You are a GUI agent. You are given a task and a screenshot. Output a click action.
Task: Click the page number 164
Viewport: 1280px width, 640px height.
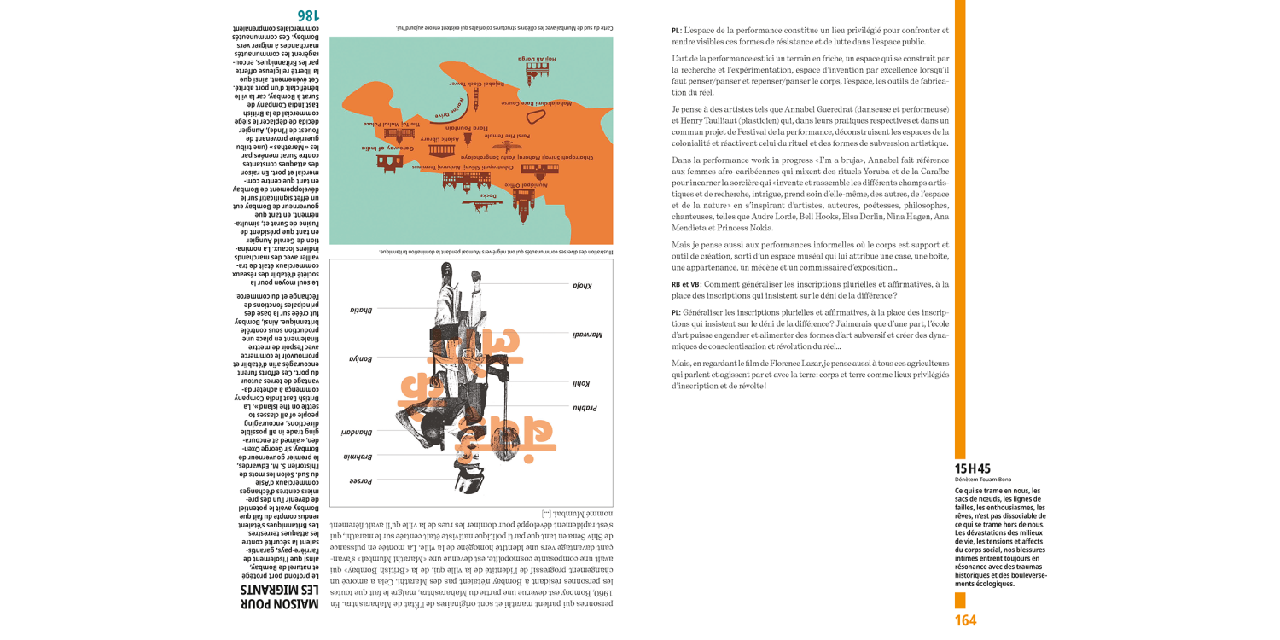965,620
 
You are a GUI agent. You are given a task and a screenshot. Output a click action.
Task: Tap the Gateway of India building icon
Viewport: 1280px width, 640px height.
389,160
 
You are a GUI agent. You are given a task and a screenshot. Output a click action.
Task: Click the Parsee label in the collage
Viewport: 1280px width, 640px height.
360,481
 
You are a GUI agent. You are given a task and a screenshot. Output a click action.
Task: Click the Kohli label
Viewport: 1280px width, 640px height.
580,384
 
